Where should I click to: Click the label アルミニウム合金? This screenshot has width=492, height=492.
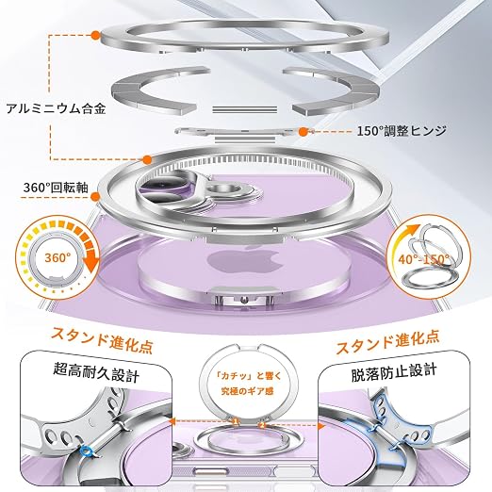click(56, 108)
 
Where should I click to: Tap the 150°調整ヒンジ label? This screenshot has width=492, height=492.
click(402, 131)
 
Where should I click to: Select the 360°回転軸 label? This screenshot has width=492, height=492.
click(56, 188)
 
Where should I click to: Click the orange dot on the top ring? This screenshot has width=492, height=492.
click(95, 35)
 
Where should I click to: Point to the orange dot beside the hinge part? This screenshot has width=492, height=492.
click(303, 132)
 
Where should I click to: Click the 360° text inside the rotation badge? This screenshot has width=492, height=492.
click(57, 257)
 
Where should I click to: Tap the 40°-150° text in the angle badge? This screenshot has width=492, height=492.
click(424, 259)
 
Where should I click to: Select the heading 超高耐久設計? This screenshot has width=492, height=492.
click(96, 372)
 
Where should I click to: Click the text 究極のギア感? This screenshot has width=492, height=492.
click(247, 391)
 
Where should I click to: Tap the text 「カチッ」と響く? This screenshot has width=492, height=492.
click(247, 376)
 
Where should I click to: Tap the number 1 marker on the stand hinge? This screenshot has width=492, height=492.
click(235, 420)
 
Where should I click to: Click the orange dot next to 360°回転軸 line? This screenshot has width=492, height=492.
click(95, 197)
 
